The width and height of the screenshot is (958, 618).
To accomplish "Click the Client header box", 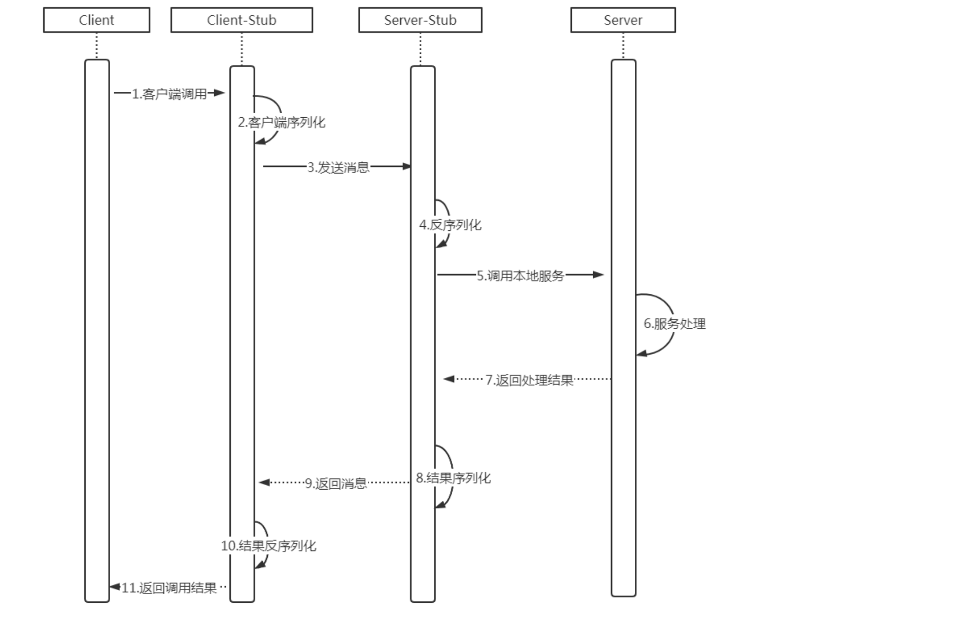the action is click(96, 20).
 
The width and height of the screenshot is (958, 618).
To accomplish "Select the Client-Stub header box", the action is click(242, 20).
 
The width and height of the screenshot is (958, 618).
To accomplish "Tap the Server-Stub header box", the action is click(420, 20).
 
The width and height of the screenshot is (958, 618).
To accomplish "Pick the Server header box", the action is click(623, 20).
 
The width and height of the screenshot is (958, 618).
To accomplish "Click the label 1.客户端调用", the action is click(169, 94).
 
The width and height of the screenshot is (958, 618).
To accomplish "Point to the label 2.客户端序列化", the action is click(282, 122).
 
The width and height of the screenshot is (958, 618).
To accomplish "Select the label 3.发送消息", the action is click(338, 167).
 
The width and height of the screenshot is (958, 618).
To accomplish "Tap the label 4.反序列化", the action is click(450, 225).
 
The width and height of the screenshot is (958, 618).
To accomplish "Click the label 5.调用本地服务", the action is click(520, 276).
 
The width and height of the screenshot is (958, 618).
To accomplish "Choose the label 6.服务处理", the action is click(675, 324).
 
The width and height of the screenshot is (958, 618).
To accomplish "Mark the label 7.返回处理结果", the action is click(529, 380).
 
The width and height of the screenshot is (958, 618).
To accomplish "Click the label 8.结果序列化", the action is click(453, 478).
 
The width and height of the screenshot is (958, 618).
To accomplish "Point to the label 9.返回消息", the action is click(335, 484).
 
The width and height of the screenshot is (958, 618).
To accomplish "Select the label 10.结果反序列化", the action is click(268, 546).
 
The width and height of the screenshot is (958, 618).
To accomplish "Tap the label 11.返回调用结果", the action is click(169, 588).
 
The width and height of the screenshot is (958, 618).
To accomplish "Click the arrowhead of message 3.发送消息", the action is click(406, 166).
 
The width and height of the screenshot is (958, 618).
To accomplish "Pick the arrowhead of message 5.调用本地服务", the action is click(599, 274).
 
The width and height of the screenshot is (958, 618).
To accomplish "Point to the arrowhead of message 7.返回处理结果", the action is click(449, 379).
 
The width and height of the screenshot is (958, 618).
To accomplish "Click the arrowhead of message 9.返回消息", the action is click(264, 483).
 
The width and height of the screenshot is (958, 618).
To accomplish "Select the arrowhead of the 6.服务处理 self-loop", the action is click(642, 353).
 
